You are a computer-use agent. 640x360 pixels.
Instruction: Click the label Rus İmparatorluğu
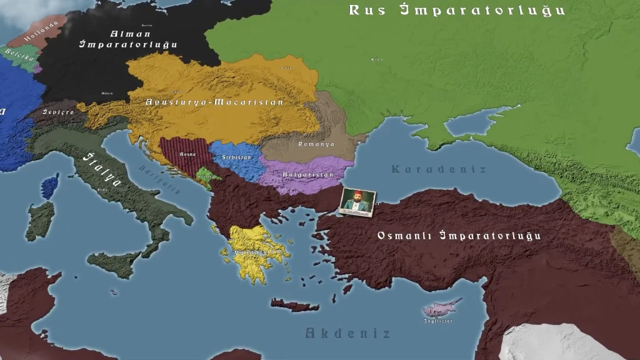click(x=456, y=10)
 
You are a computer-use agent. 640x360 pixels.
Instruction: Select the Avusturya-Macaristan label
click(x=214, y=102)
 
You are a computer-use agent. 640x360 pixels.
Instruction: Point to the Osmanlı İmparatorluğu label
click(x=459, y=236)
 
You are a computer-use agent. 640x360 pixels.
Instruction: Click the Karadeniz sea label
click(x=438, y=169)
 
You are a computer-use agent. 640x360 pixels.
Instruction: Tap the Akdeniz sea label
click(x=347, y=333)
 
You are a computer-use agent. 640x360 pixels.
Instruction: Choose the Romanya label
click(x=316, y=144)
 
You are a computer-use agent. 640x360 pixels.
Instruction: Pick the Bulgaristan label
click(x=307, y=175)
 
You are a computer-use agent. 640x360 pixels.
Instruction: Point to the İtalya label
click(x=103, y=169)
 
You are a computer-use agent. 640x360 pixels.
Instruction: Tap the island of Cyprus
click(x=442, y=307)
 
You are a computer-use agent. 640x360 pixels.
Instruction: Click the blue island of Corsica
click(x=50, y=186)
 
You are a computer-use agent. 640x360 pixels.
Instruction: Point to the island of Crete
click(x=294, y=305)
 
